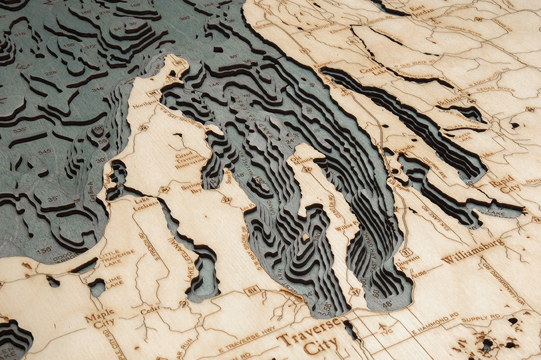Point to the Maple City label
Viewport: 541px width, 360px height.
99,319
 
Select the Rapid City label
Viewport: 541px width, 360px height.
505,185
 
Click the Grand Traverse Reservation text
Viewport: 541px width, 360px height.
190,161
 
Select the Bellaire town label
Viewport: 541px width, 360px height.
452,101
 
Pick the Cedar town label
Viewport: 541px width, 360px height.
150,311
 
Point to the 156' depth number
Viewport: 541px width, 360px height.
44,249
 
